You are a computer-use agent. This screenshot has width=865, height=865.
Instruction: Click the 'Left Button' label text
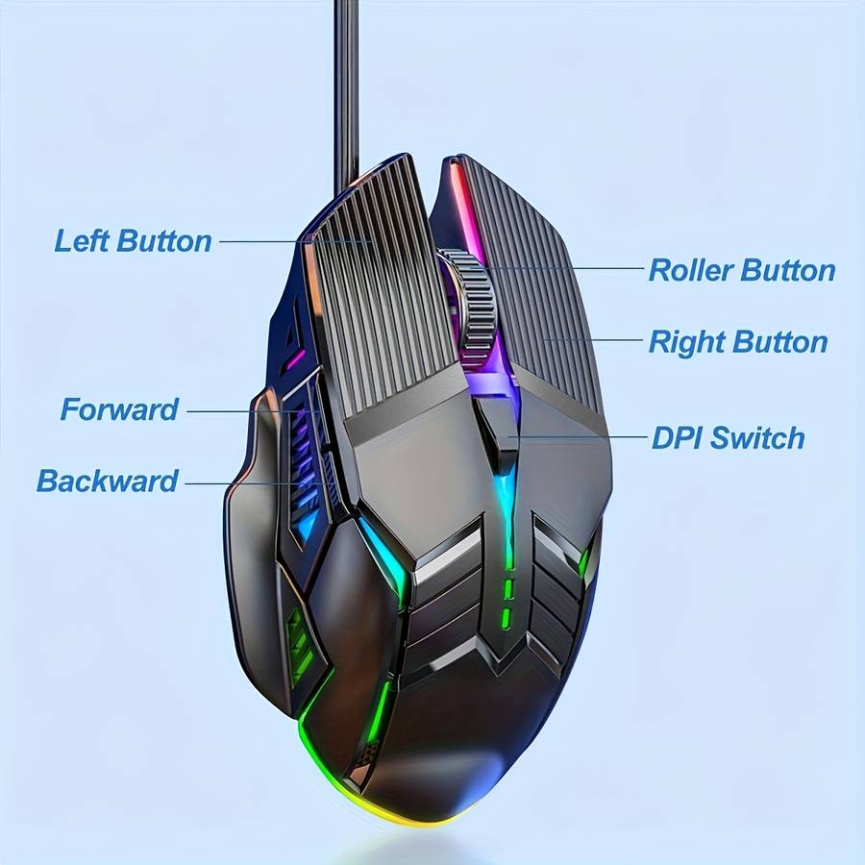tap(133, 240)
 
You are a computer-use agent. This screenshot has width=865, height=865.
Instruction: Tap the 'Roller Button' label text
tap(741, 270)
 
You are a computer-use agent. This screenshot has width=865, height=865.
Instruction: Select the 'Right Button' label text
tap(737, 342)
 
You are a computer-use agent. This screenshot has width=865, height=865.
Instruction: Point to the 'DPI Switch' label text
tap(728, 438)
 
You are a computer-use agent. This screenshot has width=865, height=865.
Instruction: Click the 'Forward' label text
tap(119, 409)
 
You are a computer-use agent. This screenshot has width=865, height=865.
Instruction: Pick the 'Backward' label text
tap(107, 481)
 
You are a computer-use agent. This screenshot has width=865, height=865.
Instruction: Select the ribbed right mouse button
tap(543, 288)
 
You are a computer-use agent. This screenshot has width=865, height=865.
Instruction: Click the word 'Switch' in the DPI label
tap(756, 438)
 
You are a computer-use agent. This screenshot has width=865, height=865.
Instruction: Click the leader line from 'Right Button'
tap(596, 340)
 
